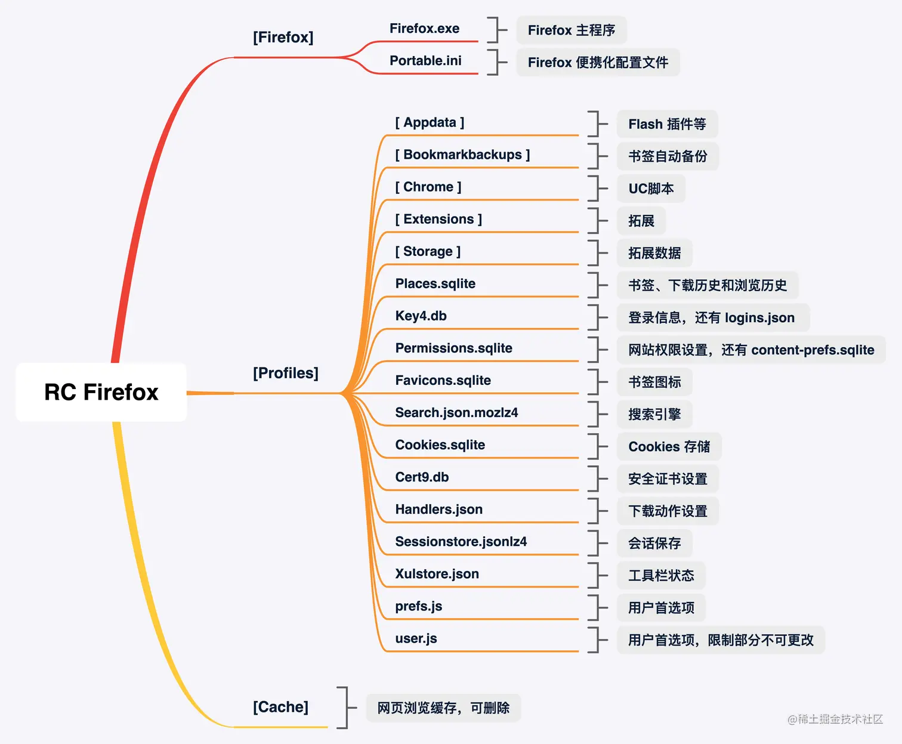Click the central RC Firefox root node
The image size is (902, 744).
pyautogui.click(x=101, y=392)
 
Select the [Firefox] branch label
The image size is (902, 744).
pyautogui.click(x=283, y=37)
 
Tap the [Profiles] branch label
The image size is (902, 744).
pyautogui.click(x=286, y=373)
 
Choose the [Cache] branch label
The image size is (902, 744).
pyautogui.click(x=280, y=707)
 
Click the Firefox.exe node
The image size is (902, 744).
pyautogui.click(x=424, y=29)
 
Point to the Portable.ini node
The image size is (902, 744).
pyautogui.click(x=425, y=61)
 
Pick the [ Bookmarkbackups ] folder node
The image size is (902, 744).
pyautogui.click(x=462, y=155)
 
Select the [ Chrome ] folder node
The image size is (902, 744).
pyautogui.click(x=428, y=187)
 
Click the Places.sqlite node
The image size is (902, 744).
pyautogui.click(x=435, y=283)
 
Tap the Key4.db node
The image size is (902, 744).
pyautogui.click(x=421, y=316)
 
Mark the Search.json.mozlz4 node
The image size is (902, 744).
pyautogui.click(x=456, y=412)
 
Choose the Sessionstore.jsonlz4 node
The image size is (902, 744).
pyautogui.click(x=461, y=541)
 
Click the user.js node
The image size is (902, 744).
pyautogui.click(x=416, y=638)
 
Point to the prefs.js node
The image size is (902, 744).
pyautogui.click(x=419, y=606)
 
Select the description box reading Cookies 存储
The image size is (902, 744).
pyautogui.click(x=669, y=447)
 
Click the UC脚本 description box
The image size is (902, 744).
pyautogui.click(x=651, y=189)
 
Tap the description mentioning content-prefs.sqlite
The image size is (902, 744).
pyautogui.click(x=751, y=350)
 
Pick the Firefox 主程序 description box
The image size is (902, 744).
pyautogui.click(x=571, y=30)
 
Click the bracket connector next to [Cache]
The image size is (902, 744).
pyautogui.click(x=344, y=708)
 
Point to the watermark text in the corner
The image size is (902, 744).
pyautogui.click(x=835, y=719)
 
